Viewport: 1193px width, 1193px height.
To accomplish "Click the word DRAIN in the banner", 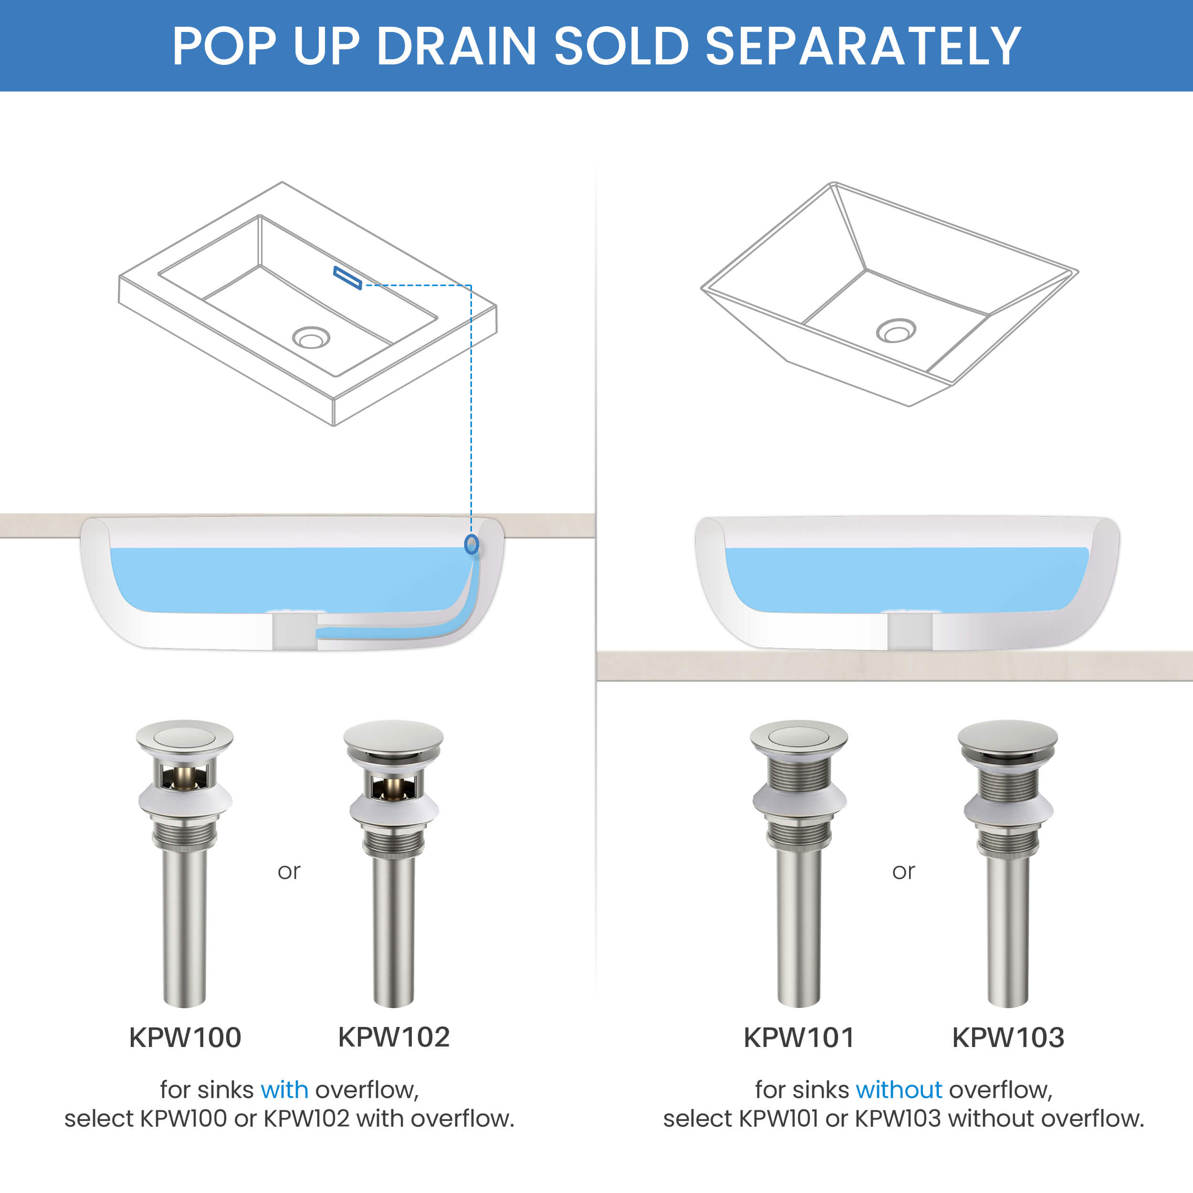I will [x=456, y=46].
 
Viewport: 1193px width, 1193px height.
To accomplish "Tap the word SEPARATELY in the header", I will [x=863, y=46].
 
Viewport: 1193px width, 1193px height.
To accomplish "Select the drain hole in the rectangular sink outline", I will [x=311, y=338].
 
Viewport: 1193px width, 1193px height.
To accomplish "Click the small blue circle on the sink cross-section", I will [x=471, y=544].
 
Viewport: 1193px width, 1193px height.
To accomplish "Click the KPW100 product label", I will [x=185, y=1037].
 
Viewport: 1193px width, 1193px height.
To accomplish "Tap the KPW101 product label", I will [x=799, y=1037].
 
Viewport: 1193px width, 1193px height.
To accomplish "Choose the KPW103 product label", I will [x=1008, y=1037].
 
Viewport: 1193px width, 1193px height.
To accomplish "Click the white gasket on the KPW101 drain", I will [x=799, y=801].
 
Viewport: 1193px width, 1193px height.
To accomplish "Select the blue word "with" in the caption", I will [x=284, y=1090].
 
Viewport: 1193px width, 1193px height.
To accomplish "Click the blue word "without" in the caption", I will [x=899, y=1090].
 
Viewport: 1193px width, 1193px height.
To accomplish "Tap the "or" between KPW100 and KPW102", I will [x=289, y=871].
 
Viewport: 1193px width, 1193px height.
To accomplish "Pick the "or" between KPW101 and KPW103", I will [x=903, y=871].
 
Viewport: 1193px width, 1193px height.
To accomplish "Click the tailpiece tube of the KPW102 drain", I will [x=393, y=926].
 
